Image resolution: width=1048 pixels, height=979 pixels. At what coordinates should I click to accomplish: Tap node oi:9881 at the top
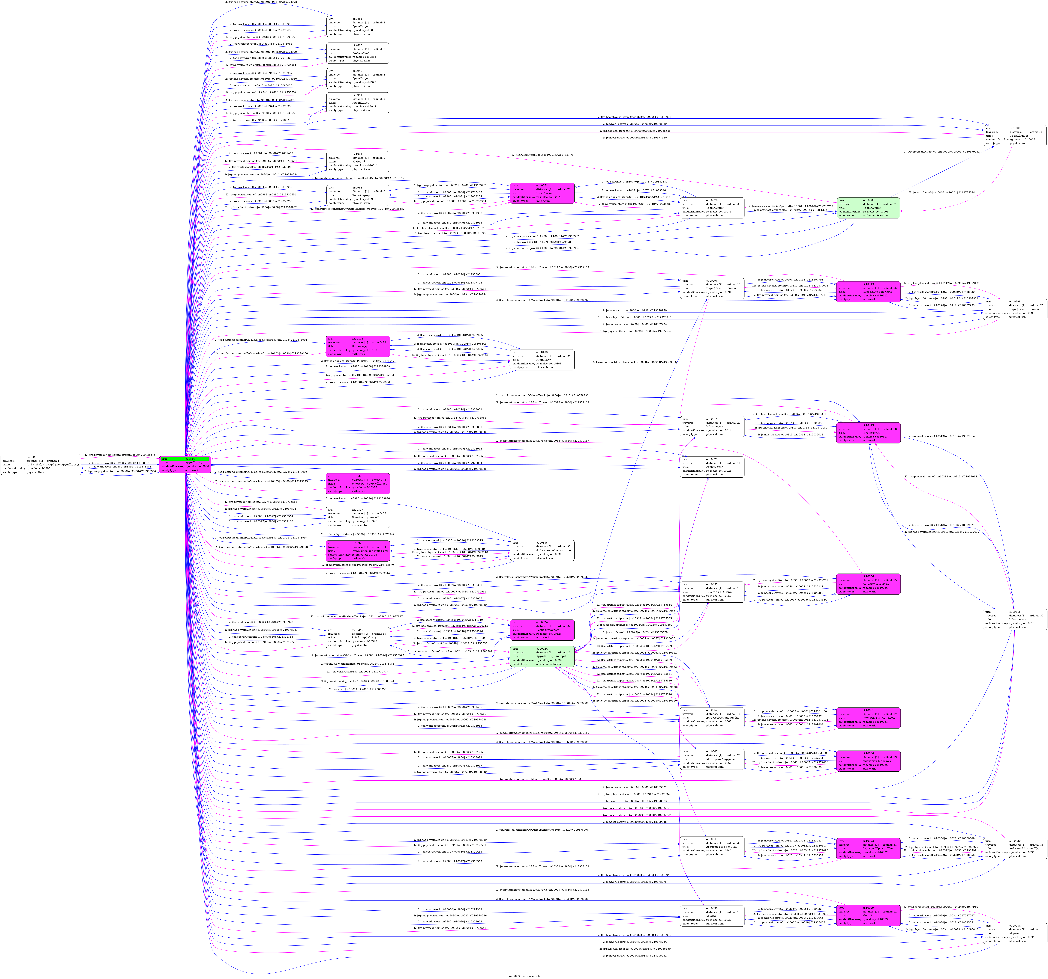coord(357,26)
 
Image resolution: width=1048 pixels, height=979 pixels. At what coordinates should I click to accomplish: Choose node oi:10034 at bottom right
coord(1014,933)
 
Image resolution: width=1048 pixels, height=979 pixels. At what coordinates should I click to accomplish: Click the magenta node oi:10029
coord(868,915)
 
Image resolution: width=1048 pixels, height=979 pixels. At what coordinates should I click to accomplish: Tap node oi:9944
coord(357,103)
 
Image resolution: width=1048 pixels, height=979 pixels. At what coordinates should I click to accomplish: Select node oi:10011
coord(357,162)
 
